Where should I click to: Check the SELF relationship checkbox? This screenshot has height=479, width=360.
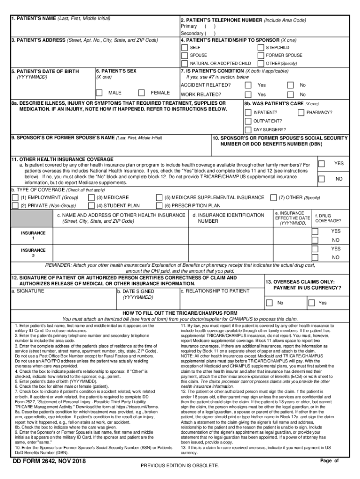pyautogui.click(x=185, y=48)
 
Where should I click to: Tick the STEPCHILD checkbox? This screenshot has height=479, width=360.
pyautogui.click(x=260, y=48)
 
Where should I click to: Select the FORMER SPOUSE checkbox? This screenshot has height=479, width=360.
pyautogui.click(x=260, y=55)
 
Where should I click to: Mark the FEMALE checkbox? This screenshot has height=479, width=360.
pyautogui.click(x=142, y=93)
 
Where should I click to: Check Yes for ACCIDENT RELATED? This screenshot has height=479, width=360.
pyautogui.click(x=248, y=85)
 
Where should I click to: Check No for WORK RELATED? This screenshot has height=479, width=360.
pyautogui.click(x=290, y=94)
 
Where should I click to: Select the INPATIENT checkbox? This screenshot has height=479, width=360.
pyautogui.click(x=248, y=113)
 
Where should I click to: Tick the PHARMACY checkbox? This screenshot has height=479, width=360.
pyautogui.click(x=301, y=113)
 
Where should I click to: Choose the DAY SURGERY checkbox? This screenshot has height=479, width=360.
pyautogui.click(x=248, y=130)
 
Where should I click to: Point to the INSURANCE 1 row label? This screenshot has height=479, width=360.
pyautogui.click(x=33, y=236)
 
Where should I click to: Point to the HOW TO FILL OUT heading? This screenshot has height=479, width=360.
pyautogui.click(x=180, y=313)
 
